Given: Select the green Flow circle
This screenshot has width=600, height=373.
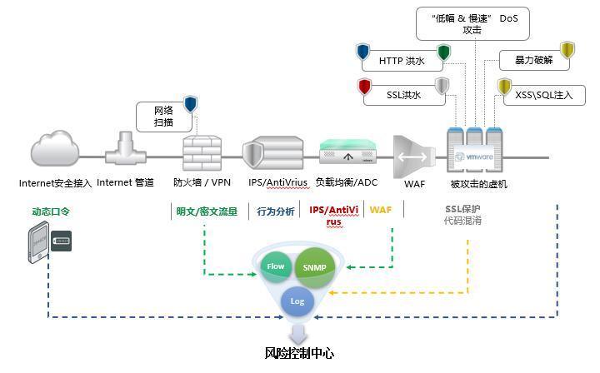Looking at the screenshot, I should click(276, 266).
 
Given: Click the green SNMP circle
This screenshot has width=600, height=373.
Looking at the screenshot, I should click(315, 266).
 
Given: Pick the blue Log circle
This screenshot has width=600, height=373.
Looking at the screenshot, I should click(297, 301).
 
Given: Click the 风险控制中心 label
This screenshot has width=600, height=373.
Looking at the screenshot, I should click(299, 353).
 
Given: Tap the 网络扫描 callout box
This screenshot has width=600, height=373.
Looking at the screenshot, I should click(164, 116).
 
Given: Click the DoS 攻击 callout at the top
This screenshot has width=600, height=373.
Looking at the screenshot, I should click(472, 22).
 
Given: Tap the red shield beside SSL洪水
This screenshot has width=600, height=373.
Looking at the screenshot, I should click(364, 86).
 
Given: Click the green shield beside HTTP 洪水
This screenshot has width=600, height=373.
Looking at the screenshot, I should click(443, 52).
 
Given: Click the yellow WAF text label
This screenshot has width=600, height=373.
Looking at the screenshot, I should click(380, 211).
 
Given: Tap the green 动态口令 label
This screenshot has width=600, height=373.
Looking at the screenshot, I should click(51, 211).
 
